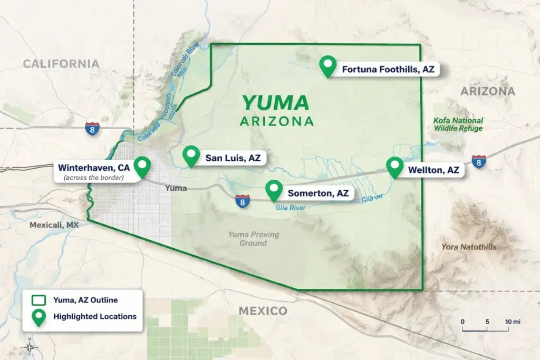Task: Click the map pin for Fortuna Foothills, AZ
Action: (x=329, y=65)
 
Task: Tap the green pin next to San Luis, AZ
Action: (x=191, y=155)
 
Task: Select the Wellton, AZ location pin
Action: (x=394, y=167)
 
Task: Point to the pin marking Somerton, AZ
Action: (x=274, y=190)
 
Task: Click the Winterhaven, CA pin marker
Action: (x=142, y=167)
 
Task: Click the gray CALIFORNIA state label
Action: (x=61, y=64)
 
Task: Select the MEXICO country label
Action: (x=263, y=310)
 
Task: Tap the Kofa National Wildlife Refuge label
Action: (x=458, y=124)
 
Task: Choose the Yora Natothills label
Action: (x=469, y=247)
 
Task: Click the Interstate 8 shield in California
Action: (x=92, y=129)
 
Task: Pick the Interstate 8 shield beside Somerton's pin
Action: (x=243, y=200)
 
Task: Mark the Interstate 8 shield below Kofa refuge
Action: (x=479, y=162)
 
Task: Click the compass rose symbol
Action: (x=30, y=346)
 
